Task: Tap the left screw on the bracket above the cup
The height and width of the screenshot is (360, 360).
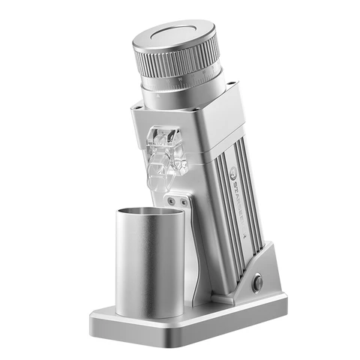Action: pos(172,200)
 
